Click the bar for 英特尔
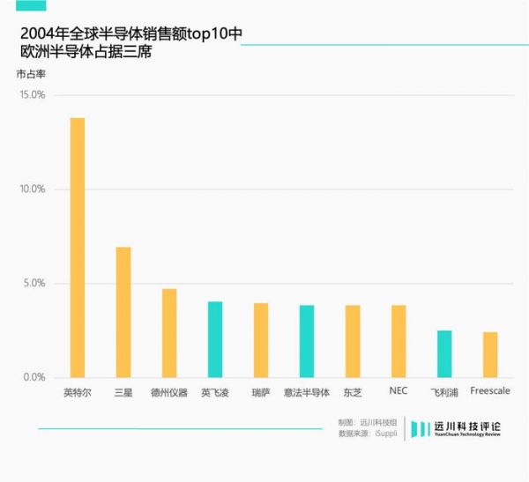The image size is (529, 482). coord(78,248)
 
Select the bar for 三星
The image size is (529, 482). coord(123,312)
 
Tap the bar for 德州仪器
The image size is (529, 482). coord(169,333)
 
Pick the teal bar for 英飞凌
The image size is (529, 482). coord(215,339)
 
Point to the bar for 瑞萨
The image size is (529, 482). coord(261,340)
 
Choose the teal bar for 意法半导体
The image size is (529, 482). coord(307,341)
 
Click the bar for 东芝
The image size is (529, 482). coord(353,341)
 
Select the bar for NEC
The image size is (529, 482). coord(399,341)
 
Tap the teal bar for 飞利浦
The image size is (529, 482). coord(444,354)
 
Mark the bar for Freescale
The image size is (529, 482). coord(490,355)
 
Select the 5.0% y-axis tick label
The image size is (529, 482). coord(34,284)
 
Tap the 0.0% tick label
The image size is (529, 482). coord(34,378)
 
